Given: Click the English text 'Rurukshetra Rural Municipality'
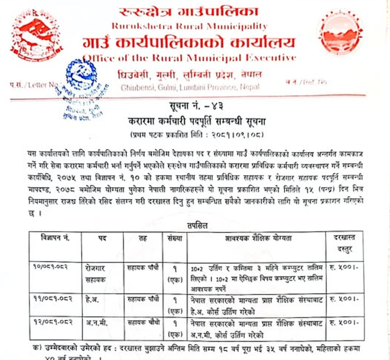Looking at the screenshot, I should pyautogui.click(x=190, y=27).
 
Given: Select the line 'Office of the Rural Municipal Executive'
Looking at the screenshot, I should pyautogui.click(x=190, y=58).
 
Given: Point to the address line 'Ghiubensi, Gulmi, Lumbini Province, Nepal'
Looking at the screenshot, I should pyautogui.click(x=190, y=87).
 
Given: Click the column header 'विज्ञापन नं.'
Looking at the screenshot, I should pyautogui.click(x=55, y=238).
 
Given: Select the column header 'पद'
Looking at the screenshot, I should pyautogui.click(x=102, y=238).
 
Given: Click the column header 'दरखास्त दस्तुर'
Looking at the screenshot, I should pyautogui.click(x=344, y=242).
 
